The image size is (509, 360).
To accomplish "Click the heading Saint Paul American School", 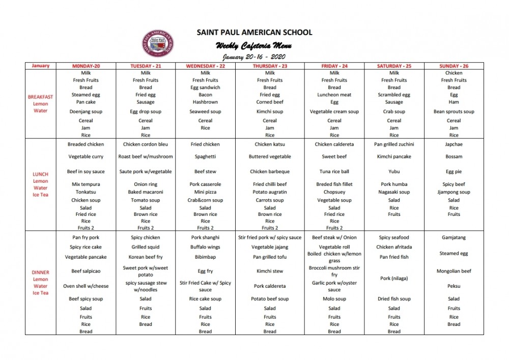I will coord(254,33).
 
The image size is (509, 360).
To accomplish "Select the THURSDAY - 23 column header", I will coord(270,66).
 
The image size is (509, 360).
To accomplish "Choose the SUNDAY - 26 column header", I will coord(454,66).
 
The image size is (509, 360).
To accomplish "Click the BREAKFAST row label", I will coord(40,97).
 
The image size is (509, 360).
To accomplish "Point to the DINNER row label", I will coord(40,272).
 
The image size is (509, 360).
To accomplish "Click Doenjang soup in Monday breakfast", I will coord(86,112).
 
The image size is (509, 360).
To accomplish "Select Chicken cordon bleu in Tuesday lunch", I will coord(146,144).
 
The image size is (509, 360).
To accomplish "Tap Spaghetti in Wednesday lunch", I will coord(205,157).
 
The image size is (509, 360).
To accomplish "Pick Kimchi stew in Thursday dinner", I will coord(270,271).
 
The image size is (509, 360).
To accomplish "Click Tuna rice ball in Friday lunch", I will coord(334,172).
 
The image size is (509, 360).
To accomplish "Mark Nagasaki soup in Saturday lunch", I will coord(394,192).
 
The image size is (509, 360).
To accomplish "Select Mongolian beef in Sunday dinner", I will coord(454,271).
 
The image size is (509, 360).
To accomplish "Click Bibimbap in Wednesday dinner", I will coord(205,257).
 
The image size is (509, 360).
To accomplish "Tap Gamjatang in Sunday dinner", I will coord(454,237).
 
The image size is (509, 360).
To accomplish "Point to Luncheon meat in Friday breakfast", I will coord(334,95).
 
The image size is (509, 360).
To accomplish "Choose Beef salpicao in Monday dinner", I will coord(86,271).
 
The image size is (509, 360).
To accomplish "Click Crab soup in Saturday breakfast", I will coord(394,112).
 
